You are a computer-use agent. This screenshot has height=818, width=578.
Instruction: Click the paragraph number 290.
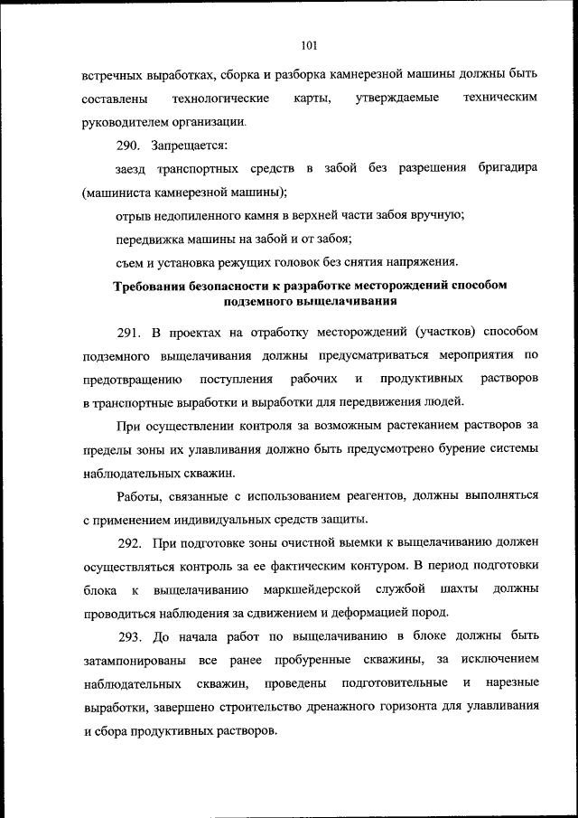pyautogui.click(x=128, y=145)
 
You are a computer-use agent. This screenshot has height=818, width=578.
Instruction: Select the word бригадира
pyautogui.click(x=508, y=168)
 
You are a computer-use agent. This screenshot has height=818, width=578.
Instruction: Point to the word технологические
pyautogui.click(x=222, y=98)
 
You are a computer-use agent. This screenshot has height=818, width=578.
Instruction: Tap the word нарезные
pyautogui.click(x=512, y=683)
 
